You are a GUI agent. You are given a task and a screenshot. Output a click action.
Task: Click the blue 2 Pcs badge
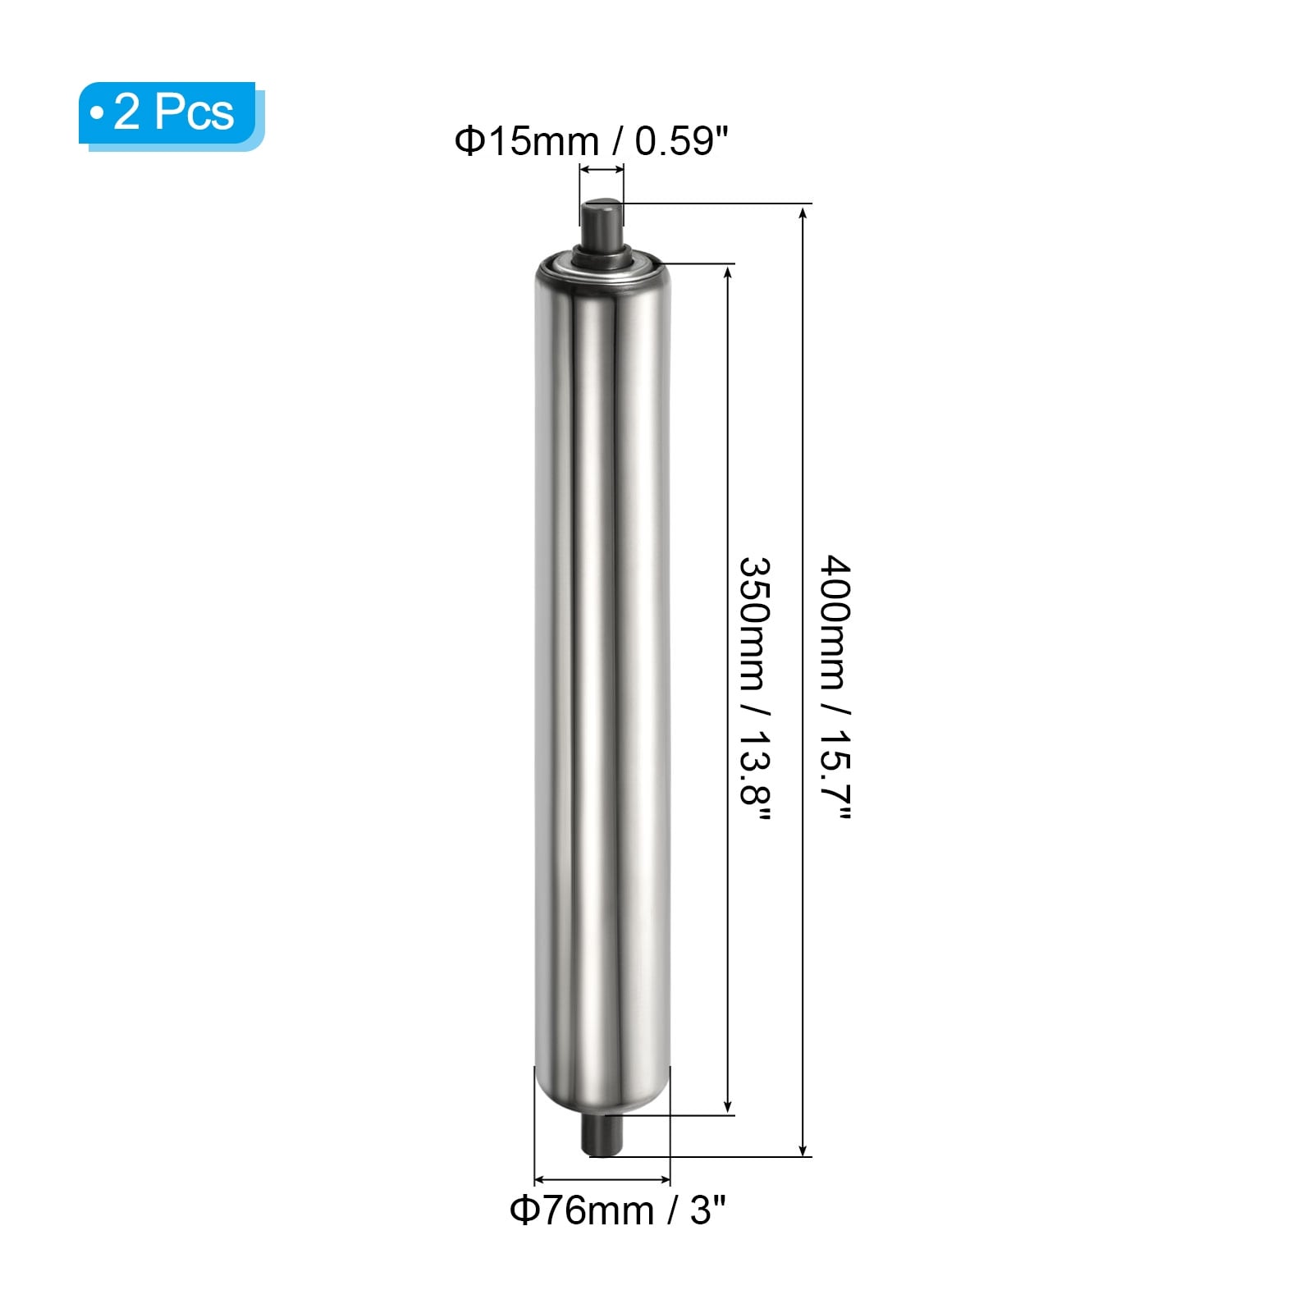172,116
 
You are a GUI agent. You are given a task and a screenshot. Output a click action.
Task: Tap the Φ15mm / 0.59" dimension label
592,141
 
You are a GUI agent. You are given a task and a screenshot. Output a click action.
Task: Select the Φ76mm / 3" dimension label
618,1210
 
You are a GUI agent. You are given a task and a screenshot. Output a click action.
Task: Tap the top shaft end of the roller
602,222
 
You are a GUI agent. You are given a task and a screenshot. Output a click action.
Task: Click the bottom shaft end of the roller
603,1137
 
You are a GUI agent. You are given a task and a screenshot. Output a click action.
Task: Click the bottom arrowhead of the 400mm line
803,1148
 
